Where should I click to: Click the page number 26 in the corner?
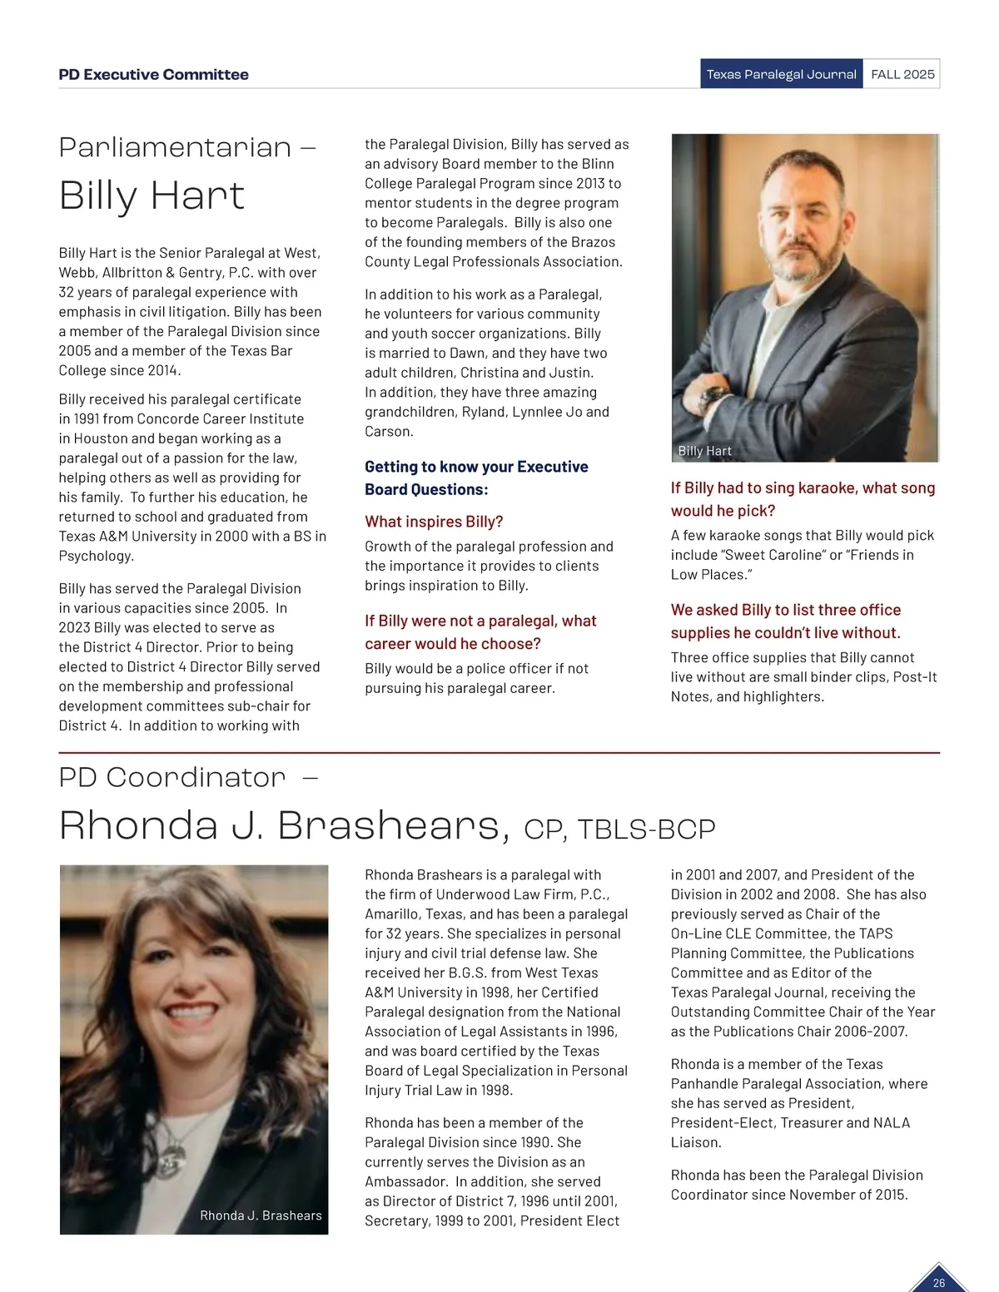click(x=939, y=1283)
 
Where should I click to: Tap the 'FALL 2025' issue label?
click(x=902, y=74)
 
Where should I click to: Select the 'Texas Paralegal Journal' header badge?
click(x=781, y=74)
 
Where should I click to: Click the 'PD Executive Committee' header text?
click(x=153, y=75)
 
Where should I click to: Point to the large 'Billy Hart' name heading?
click(x=152, y=196)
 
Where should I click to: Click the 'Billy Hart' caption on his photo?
click(x=704, y=451)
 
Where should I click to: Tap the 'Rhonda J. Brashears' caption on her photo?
click(x=261, y=1215)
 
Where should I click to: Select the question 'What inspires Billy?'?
click(x=434, y=522)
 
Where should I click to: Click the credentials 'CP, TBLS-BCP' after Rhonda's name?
click(x=619, y=829)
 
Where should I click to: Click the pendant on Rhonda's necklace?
click(x=171, y=1157)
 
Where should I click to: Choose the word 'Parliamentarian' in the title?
click(x=175, y=147)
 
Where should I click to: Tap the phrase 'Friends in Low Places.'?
click(x=791, y=565)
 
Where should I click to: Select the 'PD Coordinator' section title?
click(x=172, y=777)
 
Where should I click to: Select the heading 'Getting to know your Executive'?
click(x=476, y=467)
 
